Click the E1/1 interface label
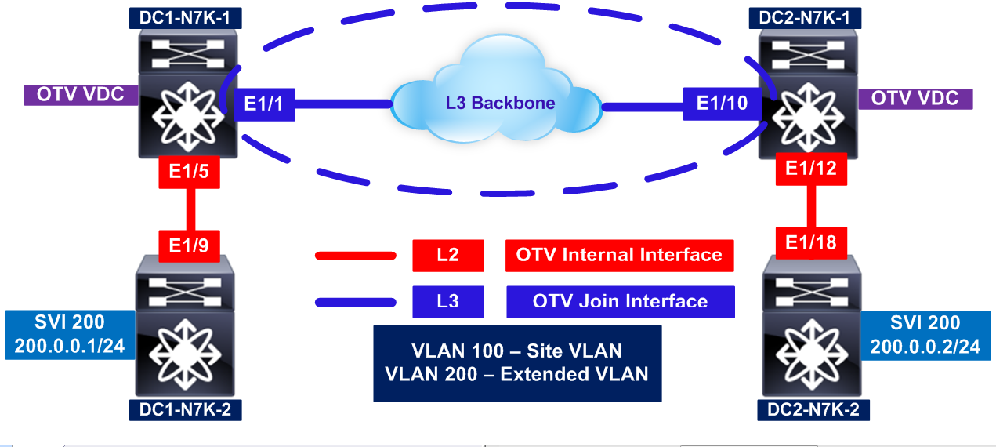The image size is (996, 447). point(264,104)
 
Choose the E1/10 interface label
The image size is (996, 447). point(722,104)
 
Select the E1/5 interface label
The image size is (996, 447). point(188,171)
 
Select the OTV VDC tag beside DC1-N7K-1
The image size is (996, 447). point(80,96)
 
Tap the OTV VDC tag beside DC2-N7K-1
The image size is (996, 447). point(915,98)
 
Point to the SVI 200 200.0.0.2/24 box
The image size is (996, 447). point(928,335)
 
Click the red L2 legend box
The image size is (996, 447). point(448,255)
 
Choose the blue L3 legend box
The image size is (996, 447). point(448,301)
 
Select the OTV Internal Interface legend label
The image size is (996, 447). point(619,255)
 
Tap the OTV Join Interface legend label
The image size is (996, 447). point(620,301)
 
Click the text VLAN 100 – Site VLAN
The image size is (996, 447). point(517,351)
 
